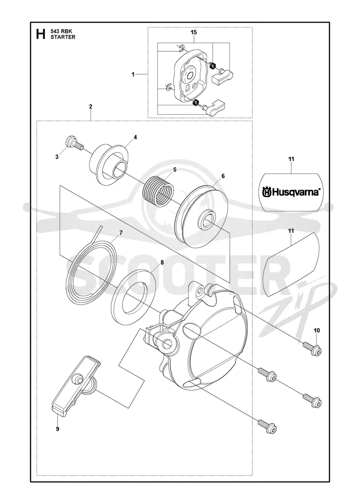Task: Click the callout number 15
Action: click(x=193, y=32)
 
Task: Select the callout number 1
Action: click(x=133, y=74)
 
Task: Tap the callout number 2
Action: click(x=90, y=106)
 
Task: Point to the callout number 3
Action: click(x=57, y=157)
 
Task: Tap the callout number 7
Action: click(x=121, y=233)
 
